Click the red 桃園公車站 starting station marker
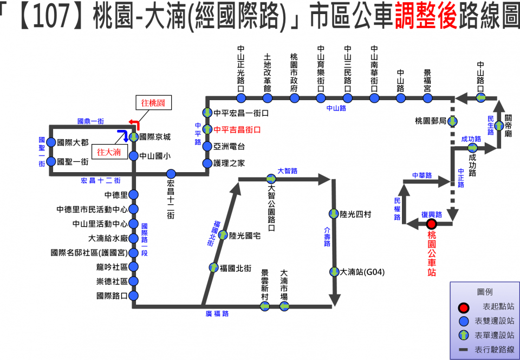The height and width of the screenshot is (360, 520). (x=432, y=224)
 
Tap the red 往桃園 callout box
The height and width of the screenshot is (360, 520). (x=153, y=103)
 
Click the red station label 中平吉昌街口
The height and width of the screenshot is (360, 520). (x=237, y=130)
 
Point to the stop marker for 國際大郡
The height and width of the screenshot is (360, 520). (x=51, y=142)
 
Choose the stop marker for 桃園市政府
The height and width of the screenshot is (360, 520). (x=294, y=98)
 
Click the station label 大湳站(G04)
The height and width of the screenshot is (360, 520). (x=362, y=271)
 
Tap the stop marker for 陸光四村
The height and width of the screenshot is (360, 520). (x=334, y=214)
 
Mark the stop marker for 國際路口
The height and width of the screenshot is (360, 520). (x=133, y=296)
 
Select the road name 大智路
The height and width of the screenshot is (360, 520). (x=288, y=171)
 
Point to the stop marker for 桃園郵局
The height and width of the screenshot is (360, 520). (x=452, y=121)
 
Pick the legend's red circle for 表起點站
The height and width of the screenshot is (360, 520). (x=463, y=307)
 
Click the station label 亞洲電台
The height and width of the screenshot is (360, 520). (x=230, y=147)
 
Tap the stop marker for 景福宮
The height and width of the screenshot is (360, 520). (x=428, y=98)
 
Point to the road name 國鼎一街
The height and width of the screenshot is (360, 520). (x=90, y=121)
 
